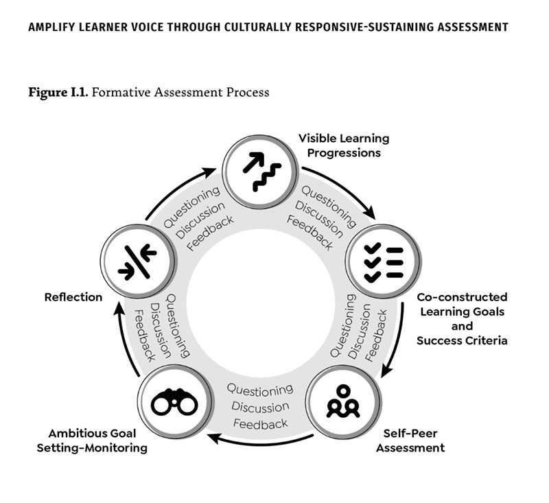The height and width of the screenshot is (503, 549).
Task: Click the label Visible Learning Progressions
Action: (343, 145)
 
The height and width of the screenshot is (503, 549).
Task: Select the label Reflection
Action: (73, 297)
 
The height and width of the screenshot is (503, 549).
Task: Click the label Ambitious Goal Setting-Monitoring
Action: (97, 441)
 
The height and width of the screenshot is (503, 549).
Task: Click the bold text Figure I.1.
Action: (58, 92)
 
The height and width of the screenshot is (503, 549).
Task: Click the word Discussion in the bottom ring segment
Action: (260, 406)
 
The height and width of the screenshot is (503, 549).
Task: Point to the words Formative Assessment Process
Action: (180, 92)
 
